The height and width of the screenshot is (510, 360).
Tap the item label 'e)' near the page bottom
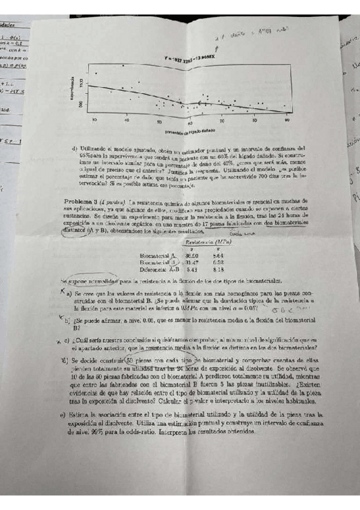pyautogui.click(x=63, y=414)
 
